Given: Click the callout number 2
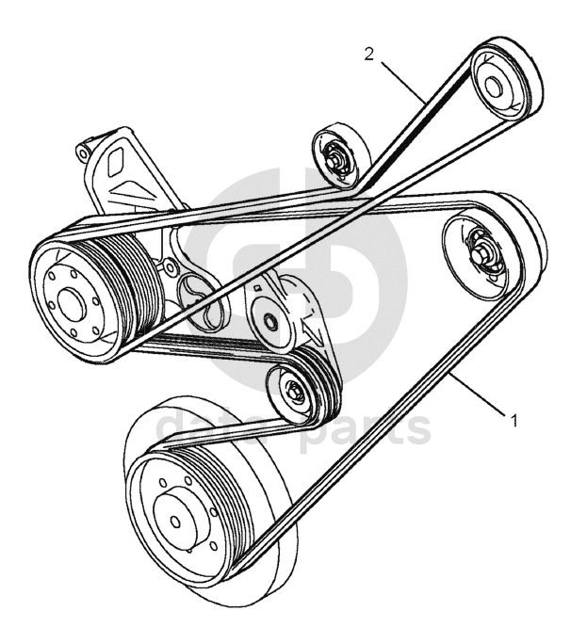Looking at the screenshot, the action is (370, 54).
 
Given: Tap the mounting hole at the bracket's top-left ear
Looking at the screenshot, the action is (84, 151).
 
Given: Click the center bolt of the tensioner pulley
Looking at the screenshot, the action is (269, 321).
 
